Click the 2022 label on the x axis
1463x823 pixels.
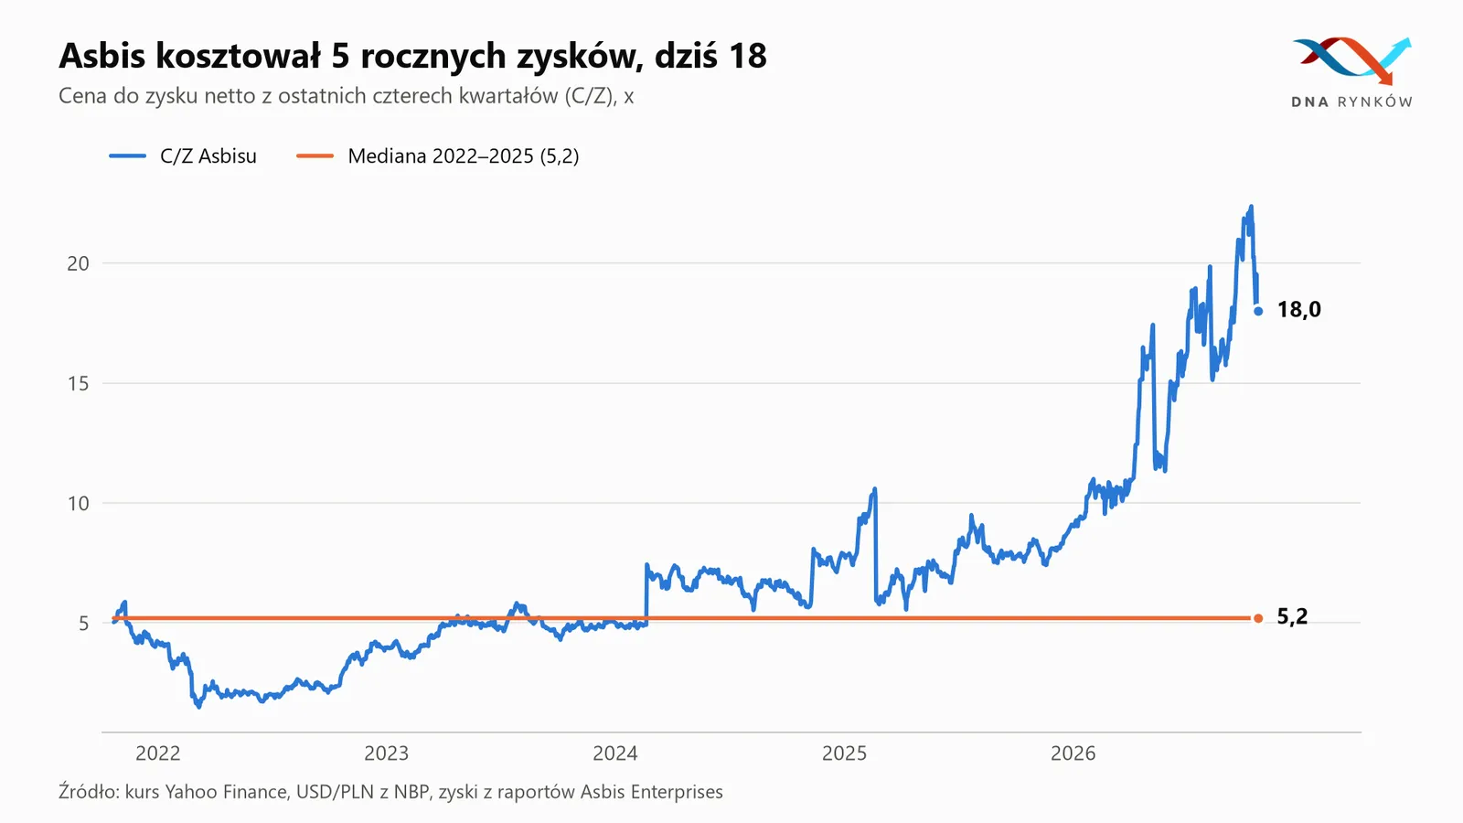157,754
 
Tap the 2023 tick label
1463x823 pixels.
386,754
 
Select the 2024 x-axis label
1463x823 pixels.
614,754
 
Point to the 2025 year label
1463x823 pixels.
844,754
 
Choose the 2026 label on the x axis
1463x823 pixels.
1073,754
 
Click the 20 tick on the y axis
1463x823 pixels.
78,264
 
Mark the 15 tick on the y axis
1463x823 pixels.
78,383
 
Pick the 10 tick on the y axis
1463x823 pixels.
78,504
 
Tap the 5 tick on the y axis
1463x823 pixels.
83,624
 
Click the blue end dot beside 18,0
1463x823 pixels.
1258,312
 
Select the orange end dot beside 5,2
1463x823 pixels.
1258,618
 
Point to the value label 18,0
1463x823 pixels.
1298,310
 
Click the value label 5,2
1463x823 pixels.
1292,616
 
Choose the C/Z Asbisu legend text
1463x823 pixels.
208,156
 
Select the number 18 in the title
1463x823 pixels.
748,56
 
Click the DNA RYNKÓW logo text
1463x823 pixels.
1351,102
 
